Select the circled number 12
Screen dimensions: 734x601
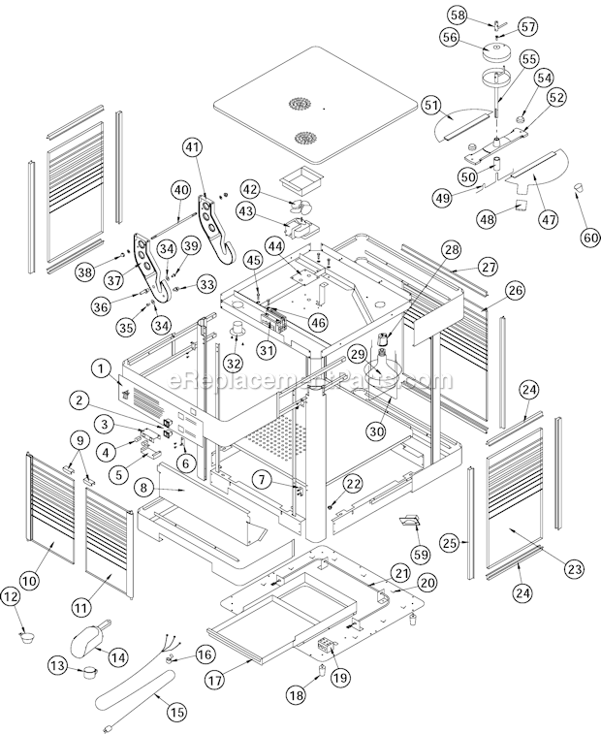(x=13, y=597)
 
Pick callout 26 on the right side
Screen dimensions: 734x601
(x=514, y=289)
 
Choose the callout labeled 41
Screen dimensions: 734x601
(x=193, y=148)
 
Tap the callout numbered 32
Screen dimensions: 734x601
(x=234, y=364)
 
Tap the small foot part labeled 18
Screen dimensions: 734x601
(x=320, y=671)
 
